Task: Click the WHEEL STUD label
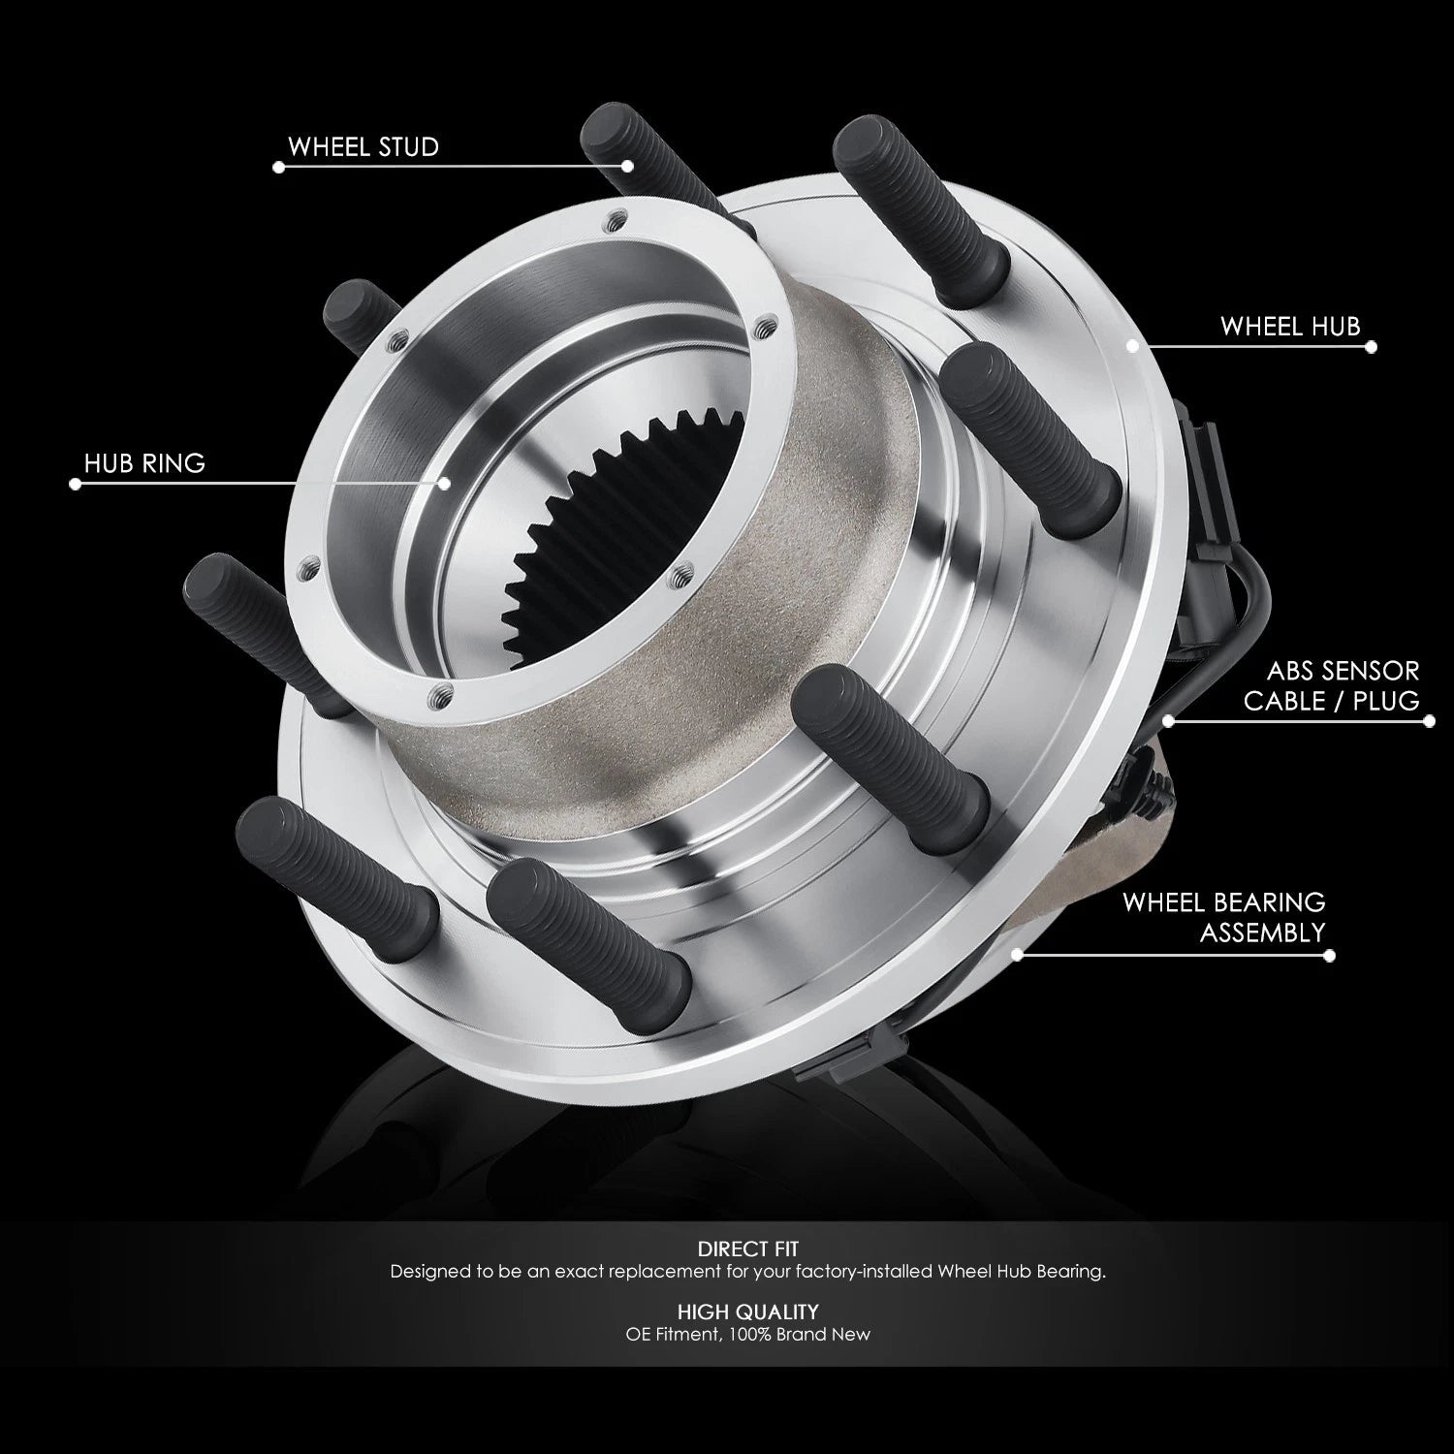click(363, 147)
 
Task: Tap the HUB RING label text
click(144, 463)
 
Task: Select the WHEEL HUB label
click(1290, 327)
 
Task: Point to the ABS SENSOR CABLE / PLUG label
click(1331, 685)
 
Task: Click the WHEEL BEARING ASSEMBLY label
click(1223, 917)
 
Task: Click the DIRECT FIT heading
click(747, 1249)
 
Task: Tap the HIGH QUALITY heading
click(747, 1312)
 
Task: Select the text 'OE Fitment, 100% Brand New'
click(747, 1335)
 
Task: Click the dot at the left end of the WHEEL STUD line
click(279, 167)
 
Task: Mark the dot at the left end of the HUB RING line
click(76, 484)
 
